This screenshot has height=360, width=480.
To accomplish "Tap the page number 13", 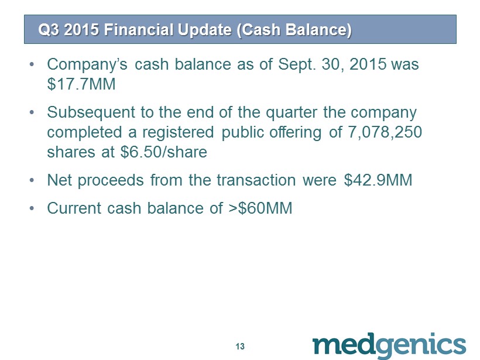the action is pos(240,346).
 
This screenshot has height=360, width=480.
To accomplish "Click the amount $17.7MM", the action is pos(81,84).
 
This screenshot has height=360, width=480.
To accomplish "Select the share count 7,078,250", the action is pos(385,132).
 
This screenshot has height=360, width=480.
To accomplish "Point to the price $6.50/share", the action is pos(164,152).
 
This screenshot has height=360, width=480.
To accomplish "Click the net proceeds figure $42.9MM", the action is pos(378,180).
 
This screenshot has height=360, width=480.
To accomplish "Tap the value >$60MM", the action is pos(260,208).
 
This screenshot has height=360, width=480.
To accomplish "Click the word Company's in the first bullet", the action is pos(87,65).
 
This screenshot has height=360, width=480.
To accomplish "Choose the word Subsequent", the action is pos(91,112).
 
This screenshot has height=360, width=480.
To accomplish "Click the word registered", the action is pos(178,133).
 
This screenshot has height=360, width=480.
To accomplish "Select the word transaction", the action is pos(256,180).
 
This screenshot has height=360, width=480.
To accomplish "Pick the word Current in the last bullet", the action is pos(74,208).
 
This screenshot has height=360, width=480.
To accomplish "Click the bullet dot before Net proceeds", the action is pos(32,181).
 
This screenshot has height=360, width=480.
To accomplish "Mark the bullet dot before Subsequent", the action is pos(32,112).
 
